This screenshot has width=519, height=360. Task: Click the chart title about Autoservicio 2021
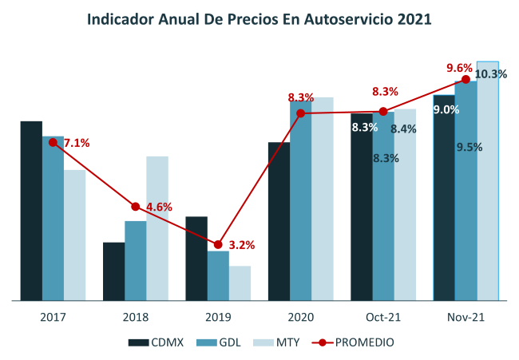click(259, 18)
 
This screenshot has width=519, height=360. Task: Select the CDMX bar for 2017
click(31, 211)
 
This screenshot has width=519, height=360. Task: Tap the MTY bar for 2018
click(157, 227)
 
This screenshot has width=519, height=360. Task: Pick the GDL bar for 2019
click(218, 275)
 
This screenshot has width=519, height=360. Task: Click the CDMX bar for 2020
click(279, 221)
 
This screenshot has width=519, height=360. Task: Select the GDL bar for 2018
click(135, 260)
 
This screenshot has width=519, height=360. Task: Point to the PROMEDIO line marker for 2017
click(53, 142)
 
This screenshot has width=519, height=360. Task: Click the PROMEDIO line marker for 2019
click(218, 244)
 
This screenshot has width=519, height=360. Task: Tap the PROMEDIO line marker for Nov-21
click(466, 78)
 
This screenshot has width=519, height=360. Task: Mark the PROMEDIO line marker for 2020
click(300, 113)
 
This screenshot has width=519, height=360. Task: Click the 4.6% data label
click(159, 207)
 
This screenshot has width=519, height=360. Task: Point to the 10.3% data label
click(491, 74)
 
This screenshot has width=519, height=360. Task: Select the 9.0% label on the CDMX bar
click(446, 110)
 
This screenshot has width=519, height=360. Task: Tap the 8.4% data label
click(403, 129)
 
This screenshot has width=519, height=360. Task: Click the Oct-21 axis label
click(382, 317)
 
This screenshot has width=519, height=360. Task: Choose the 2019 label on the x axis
click(218, 317)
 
